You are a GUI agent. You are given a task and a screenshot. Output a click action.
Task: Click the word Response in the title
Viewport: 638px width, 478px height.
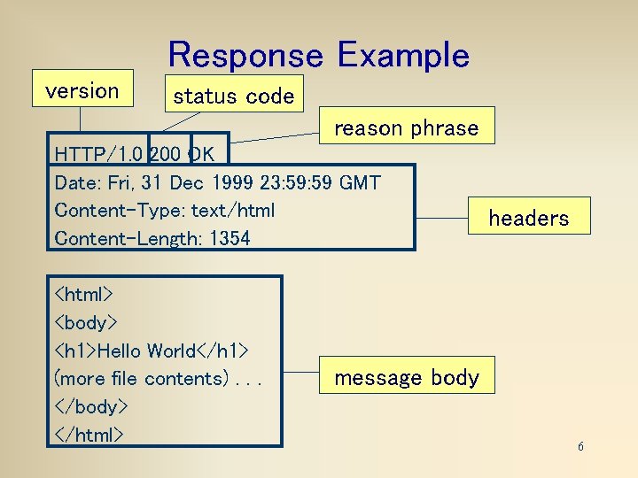245,55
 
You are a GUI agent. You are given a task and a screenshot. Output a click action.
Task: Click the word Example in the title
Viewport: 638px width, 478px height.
403,55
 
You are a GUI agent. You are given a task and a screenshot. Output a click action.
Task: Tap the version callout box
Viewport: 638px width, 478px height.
82,89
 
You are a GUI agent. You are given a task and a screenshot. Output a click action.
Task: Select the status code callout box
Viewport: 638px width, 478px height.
233,96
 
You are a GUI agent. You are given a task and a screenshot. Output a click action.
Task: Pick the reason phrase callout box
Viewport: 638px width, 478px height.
406,127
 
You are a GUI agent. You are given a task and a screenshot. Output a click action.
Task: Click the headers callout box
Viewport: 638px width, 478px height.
528,218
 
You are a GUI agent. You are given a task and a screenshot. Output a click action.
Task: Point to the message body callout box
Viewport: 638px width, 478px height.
406,378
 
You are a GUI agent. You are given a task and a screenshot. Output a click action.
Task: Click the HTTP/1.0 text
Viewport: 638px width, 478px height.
97,154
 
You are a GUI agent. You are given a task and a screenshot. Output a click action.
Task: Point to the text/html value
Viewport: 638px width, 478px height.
233,211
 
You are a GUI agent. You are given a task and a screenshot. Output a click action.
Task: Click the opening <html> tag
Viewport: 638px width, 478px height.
83,293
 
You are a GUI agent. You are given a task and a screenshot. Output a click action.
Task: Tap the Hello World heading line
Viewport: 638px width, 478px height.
151,351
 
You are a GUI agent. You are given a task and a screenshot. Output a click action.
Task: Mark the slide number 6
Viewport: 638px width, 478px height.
580,446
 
